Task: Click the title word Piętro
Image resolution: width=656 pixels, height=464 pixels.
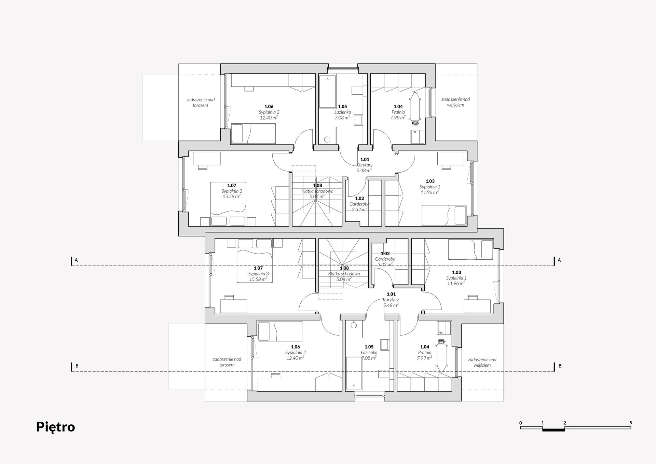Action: pyautogui.click(x=55, y=427)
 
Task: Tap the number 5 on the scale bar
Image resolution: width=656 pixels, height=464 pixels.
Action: pyautogui.click(x=630, y=423)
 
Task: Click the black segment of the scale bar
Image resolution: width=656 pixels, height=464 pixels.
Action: pyautogui.click(x=553, y=429)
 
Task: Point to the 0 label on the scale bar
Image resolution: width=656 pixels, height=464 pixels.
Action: pyautogui.click(x=521, y=423)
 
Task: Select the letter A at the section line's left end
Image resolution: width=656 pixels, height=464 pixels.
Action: pyautogui.click(x=76, y=260)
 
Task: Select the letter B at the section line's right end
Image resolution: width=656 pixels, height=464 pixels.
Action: pyautogui.click(x=560, y=366)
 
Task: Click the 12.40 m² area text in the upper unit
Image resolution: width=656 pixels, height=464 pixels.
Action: pyautogui.click(x=269, y=118)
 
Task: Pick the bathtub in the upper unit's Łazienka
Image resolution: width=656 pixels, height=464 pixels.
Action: pyautogui.click(x=328, y=92)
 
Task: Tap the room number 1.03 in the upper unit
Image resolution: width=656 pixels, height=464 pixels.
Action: pyautogui.click(x=430, y=181)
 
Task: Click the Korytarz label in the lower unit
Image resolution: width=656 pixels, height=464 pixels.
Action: pyautogui.click(x=391, y=300)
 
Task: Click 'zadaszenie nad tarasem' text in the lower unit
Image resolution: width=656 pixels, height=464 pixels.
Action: pyautogui.click(x=227, y=362)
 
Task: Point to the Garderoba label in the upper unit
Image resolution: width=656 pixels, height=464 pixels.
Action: pyautogui.click(x=359, y=204)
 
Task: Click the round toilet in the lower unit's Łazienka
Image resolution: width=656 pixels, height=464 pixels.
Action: pyautogui.click(x=354, y=325)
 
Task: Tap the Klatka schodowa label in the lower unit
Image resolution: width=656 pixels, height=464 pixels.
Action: pyautogui.click(x=344, y=274)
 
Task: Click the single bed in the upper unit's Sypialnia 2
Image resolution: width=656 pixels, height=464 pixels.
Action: pyautogui.click(x=253, y=133)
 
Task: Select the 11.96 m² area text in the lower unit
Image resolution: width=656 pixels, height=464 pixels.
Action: pyautogui.click(x=456, y=284)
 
